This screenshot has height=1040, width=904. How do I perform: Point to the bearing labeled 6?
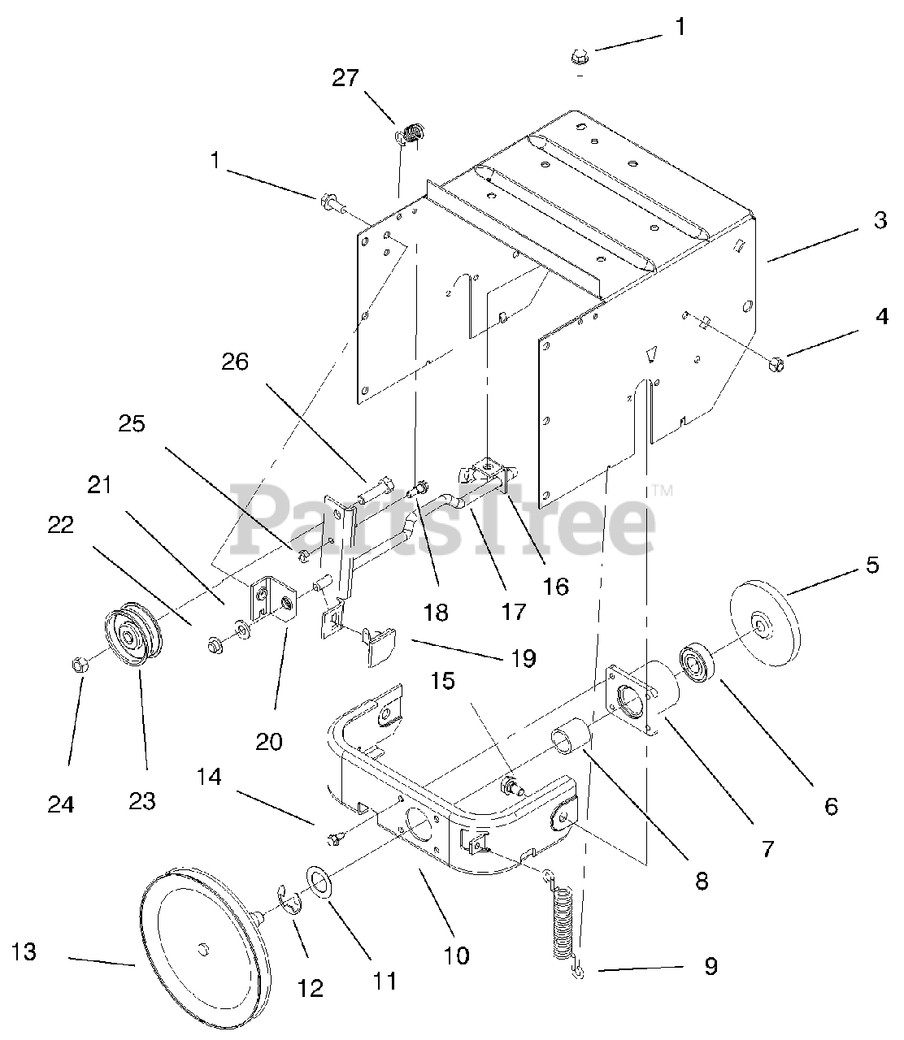697,662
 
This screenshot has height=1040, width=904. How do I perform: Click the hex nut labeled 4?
776,364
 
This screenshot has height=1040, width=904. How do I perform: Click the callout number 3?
880,220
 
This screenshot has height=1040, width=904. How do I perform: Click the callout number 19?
524,658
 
